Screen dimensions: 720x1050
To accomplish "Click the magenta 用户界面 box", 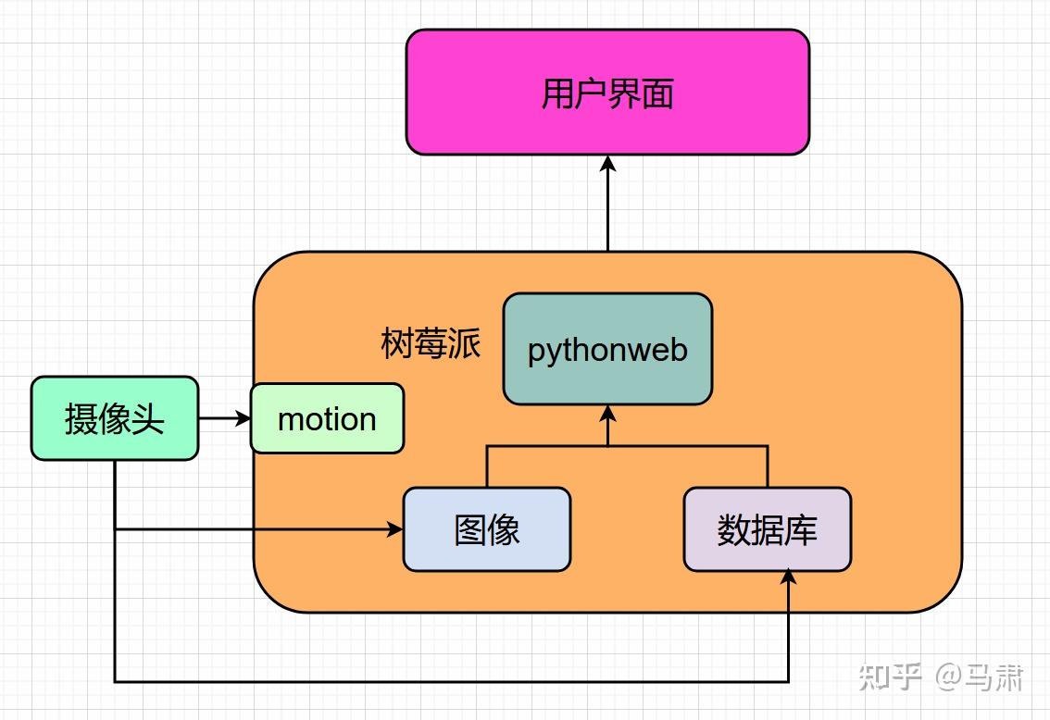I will point(607,93).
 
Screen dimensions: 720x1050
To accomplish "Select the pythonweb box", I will point(607,349).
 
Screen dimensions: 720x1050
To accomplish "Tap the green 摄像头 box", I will point(115,418).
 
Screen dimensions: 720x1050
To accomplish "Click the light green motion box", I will point(327,418).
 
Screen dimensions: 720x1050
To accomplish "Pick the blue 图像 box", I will point(487,529).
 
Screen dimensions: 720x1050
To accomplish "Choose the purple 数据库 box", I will point(767,529).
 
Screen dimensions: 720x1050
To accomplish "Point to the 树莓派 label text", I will point(431,343).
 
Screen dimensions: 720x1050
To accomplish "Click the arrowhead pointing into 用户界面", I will point(607,164).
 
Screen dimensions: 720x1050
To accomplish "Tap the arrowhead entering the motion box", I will point(244,418).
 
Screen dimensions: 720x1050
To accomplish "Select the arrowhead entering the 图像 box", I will point(396,529).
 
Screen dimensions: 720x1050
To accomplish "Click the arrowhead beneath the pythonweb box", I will point(607,413).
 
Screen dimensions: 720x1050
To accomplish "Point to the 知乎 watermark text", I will point(890,677).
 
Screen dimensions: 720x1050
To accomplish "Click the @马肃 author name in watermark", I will point(978,677).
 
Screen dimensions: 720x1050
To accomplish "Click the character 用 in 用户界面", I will point(558,93).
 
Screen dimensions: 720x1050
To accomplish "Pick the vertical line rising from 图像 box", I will point(487,466).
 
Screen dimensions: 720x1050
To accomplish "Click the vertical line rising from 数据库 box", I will point(767,466).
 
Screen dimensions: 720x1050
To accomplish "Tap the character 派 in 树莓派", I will point(465,343).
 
